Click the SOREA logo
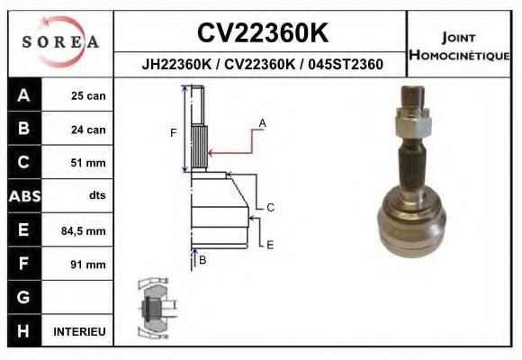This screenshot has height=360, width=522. coord(60,41)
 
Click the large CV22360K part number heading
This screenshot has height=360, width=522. coord(263,32)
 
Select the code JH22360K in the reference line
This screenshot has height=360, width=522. coord(176,64)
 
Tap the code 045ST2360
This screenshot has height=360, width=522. coord(346,64)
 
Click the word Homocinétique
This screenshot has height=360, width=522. coord(459,55)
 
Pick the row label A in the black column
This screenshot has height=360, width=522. coord(23,95)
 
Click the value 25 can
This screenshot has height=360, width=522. coord(88,96)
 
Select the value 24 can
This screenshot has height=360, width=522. coord(88,130)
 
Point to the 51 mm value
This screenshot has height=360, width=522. coord(88,163)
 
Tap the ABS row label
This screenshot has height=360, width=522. coord(24,196)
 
